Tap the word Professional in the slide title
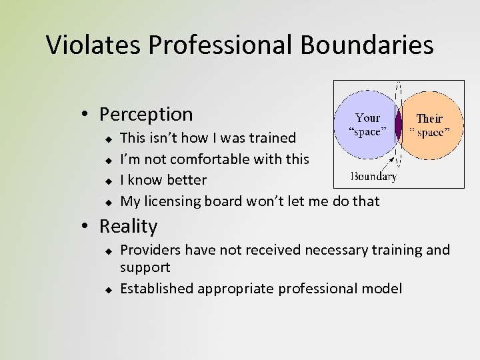[x=221, y=45]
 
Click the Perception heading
[x=146, y=114]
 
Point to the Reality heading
[x=128, y=226]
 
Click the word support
[x=145, y=267]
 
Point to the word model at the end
[x=383, y=289]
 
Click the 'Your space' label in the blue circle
[x=367, y=125]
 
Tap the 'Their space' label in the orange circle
[x=429, y=125]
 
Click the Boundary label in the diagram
[x=373, y=177]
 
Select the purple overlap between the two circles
[x=398, y=125]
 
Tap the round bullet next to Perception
[x=87, y=115]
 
